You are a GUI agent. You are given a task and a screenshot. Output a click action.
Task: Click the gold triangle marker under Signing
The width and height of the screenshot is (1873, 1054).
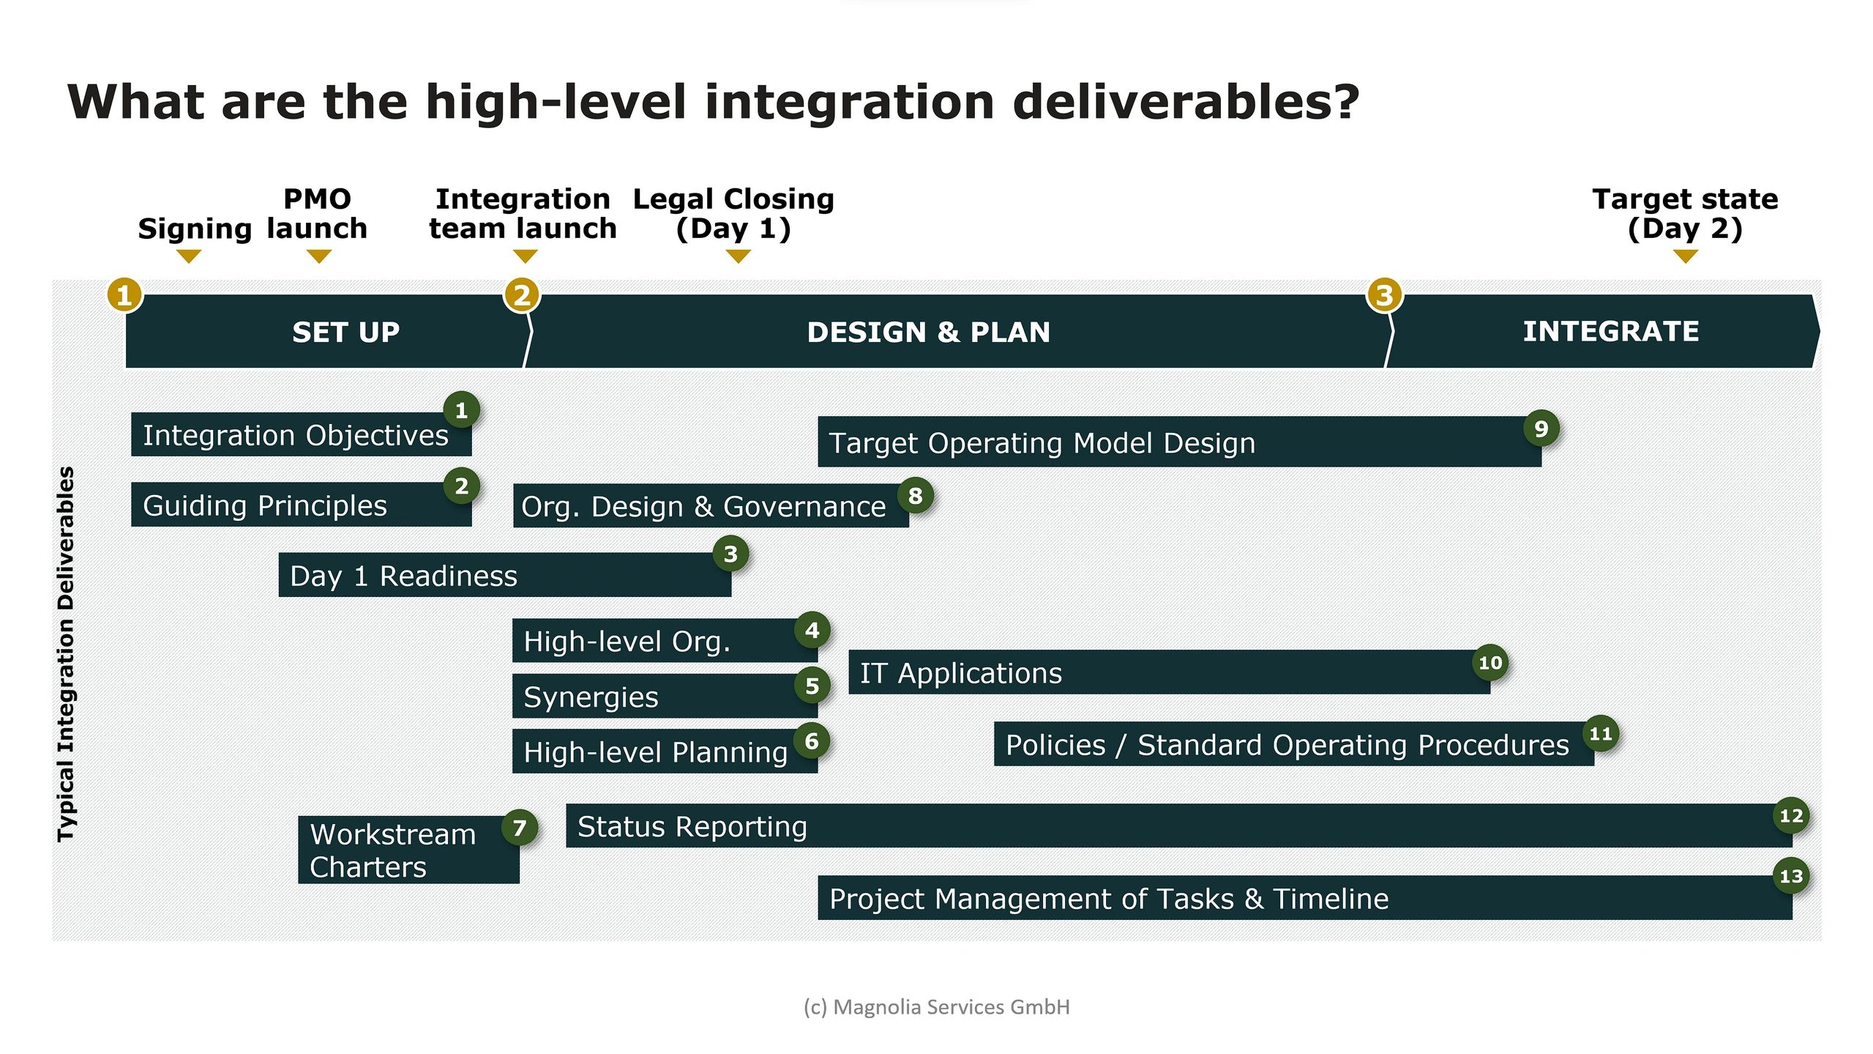[189, 256]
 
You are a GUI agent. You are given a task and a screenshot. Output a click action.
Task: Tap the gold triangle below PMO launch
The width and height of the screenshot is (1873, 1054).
[319, 256]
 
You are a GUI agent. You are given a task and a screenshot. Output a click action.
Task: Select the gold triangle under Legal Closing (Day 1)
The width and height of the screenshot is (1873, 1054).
[738, 256]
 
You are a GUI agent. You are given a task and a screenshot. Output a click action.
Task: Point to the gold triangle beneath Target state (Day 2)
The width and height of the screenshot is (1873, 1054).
[1685, 256]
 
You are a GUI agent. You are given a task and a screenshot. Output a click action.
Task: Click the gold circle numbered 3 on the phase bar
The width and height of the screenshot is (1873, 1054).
[1384, 295]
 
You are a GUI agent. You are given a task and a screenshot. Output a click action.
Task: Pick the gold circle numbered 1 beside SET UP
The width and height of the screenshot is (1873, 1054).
[124, 295]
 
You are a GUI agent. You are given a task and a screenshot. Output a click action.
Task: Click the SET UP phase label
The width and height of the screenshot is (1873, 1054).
[345, 332]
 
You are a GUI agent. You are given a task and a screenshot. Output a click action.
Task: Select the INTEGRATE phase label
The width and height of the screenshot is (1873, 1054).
[1610, 331]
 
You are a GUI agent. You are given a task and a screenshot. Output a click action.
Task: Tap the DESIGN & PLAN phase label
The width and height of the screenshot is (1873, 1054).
[928, 332]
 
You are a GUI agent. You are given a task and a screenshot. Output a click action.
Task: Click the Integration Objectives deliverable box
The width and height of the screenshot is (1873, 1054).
[296, 435]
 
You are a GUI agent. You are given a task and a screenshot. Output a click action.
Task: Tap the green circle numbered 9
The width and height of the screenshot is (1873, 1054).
[1541, 428]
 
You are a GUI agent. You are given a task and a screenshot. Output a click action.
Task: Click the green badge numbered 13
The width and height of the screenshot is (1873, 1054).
[1790, 876]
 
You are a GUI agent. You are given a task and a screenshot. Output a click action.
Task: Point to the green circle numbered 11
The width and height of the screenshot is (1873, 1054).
[1600, 733]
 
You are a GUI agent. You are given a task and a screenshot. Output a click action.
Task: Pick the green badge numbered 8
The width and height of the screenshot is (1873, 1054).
[915, 496]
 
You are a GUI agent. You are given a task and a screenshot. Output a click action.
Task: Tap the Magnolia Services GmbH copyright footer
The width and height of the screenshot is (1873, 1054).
[936, 1007]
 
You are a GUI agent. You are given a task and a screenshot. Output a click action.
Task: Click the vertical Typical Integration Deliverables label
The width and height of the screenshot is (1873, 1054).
[66, 654]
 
